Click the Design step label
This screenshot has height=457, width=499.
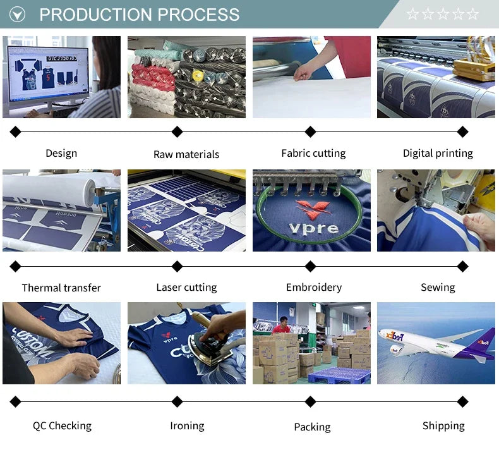tap(61, 154)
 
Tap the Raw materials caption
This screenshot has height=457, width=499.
tap(186, 154)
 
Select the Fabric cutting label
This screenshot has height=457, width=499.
tap(313, 154)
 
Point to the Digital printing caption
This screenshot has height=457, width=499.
tap(438, 154)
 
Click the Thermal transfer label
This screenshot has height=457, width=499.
tap(61, 288)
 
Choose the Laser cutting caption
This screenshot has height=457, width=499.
tap(186, 288)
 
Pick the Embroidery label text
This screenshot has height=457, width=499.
tap(313, 288)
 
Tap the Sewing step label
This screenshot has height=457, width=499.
tap(438, 288)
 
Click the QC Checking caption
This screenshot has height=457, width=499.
tap(62, 426)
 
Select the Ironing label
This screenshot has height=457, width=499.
tap(187, 426)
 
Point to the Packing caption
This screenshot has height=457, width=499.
tap(312, 427)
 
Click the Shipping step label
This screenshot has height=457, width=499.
tap(443, 426)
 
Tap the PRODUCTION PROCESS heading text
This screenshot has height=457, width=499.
tap(140, 15)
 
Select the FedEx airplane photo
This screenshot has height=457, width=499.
tap(436, 343)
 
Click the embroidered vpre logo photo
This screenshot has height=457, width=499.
tap(311, 210)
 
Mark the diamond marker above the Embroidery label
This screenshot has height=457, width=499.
tap(310, 266)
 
